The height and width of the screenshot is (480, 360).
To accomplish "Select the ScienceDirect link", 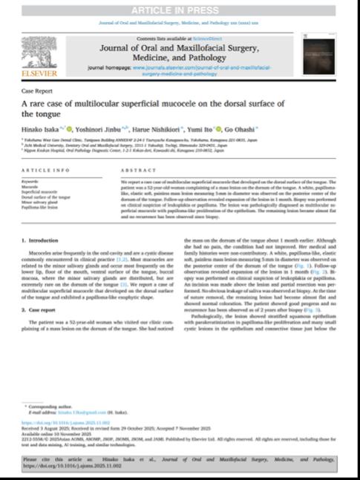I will pyautogui.click(x=204, y=38).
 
